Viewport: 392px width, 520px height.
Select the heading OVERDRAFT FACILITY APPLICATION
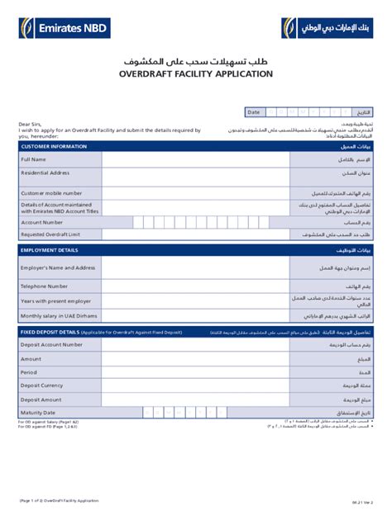tap(196, 74)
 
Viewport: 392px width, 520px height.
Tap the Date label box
tap(254, 112)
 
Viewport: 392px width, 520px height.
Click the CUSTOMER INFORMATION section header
tap(54, 146)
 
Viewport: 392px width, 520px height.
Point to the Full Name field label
tap(34, 159)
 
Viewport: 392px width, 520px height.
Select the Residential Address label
tap(45, 173)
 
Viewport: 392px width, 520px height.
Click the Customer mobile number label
tap(51, 193)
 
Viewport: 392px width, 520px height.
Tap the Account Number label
tap(42, 222)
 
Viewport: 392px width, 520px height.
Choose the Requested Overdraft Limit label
tap(50, 234)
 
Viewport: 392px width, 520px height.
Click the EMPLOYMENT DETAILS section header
tap(50, 250)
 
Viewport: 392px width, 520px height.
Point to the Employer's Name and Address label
tap(58, 268)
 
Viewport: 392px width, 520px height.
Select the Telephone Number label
tap(45, 286)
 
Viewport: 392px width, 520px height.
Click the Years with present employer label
tap(55, 301)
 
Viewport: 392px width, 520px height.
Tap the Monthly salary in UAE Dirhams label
tap(60, 316)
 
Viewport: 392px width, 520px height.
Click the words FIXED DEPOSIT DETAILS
tap(50, 332)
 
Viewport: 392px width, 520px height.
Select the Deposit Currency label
tap(42, 385)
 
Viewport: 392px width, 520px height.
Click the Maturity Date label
tap(39, 413)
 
